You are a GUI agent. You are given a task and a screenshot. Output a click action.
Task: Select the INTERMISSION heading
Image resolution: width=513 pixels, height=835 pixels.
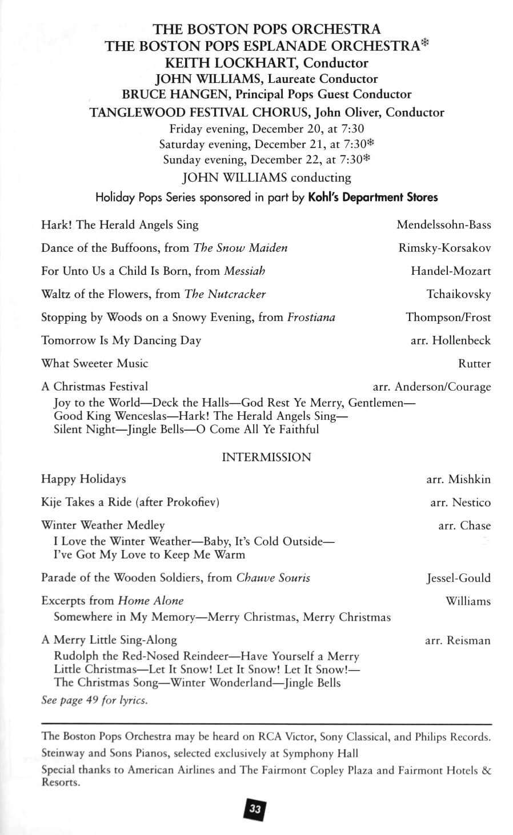tap(266, 457)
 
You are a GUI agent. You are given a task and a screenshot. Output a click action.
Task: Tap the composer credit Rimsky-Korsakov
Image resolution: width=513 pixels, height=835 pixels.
tap(444, 248)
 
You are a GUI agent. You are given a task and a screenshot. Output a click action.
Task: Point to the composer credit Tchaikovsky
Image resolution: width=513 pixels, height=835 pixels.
tap(458, 294)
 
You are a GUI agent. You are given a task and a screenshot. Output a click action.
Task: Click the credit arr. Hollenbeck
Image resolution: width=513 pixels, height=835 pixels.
tap(450, 340)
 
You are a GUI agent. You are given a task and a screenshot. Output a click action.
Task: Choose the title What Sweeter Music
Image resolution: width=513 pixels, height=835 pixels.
tap(94, 363)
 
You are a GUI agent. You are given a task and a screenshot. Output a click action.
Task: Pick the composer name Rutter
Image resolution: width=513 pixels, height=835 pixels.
tap(474, 364)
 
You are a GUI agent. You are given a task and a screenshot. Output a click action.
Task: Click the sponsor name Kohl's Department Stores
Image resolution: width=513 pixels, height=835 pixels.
tap(372, 198)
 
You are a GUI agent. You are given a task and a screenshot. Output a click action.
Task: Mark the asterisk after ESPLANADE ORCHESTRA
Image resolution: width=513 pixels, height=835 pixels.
tap(424, 44)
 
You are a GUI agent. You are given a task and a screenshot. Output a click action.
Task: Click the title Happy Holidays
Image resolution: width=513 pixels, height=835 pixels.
tap(83, 479)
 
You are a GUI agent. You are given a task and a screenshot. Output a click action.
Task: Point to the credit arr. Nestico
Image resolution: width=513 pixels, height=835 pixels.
tap(460, 503)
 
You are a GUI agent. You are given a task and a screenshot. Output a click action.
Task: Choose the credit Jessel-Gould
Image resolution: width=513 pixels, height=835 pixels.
tap(458, 578)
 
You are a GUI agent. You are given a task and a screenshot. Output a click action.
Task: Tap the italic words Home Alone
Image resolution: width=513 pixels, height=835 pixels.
tap(151, 601)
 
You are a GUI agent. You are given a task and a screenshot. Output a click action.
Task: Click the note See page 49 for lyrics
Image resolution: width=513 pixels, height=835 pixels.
tap(94, 700)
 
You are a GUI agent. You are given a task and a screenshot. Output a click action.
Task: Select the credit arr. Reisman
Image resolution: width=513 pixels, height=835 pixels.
tap(457, 641)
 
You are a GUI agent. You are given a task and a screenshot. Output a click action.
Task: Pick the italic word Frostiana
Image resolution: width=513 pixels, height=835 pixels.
tap(311, 318)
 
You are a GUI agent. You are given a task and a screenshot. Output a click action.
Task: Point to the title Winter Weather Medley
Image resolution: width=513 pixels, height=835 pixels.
tap(103, 525)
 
